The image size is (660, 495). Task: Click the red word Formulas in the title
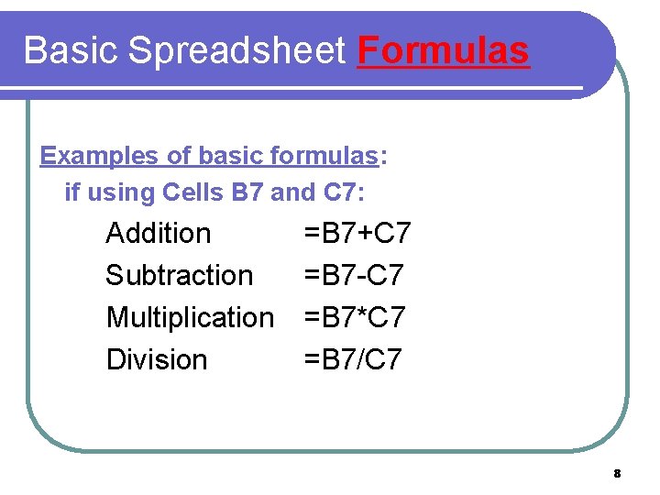tap(444, 51)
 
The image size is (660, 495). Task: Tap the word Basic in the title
tap(71, 51)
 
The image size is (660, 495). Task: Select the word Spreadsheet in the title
tap(238, 51)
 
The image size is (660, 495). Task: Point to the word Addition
tap(159, 234)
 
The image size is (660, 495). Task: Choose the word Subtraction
tap(180, 275)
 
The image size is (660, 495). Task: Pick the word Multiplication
tap(190, 317)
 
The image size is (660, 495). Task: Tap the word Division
tap(157, 359)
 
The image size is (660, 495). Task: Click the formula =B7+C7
tap(357, 234)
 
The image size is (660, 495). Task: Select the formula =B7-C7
tap(353, 275)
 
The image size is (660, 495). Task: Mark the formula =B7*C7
tap(354, 317)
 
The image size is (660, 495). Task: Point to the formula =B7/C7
tap(353, 359)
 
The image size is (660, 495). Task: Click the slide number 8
tap(617, 474)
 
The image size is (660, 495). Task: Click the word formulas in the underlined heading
tap(324, 156)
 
